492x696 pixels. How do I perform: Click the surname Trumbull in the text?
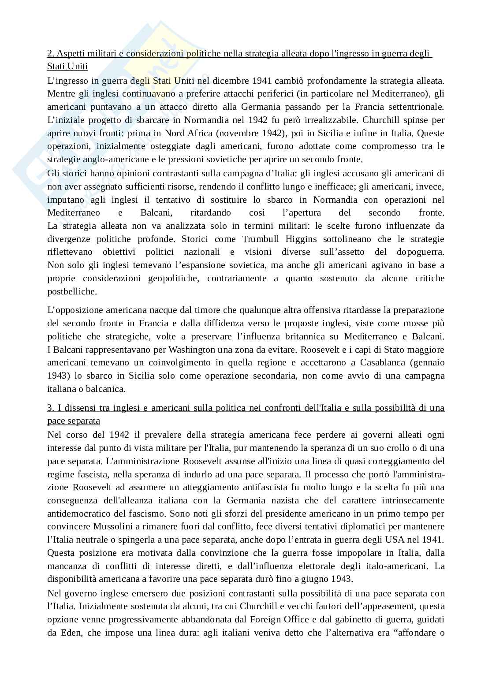point(261,239)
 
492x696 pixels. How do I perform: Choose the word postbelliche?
point(71,291)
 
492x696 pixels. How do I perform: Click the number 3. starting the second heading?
point(50,408)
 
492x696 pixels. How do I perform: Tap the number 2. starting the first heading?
point(50,54)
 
